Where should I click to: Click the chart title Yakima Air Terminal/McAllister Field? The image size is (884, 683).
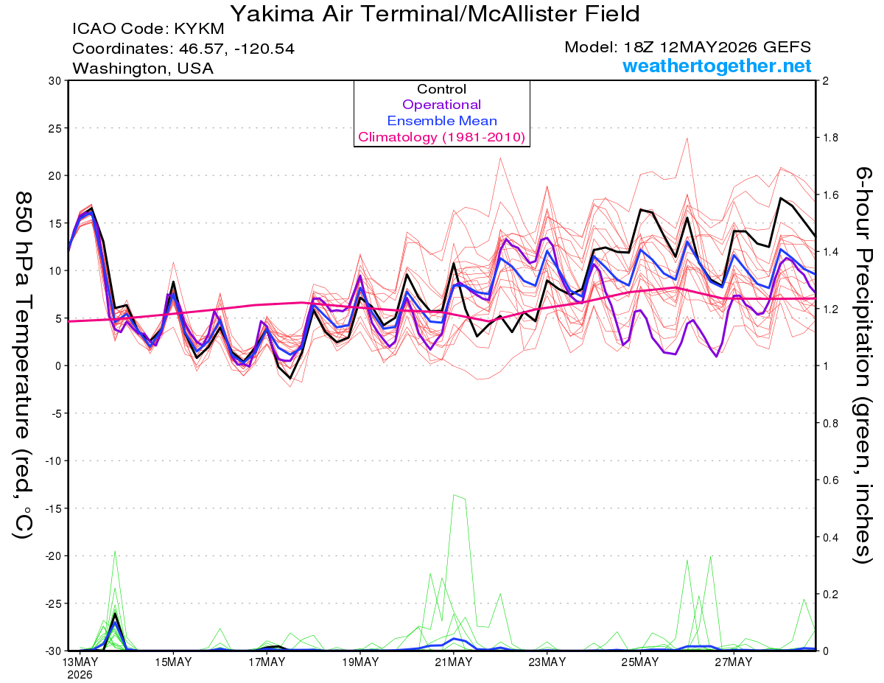click(x=435, y=14)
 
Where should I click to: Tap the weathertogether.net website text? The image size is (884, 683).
click(x=717, y=66)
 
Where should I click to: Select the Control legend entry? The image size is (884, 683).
click(x=441, y=89)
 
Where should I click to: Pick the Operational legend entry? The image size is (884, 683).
click(x=441, y=105)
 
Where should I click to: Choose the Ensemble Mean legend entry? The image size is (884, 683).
click(x=442, y=121)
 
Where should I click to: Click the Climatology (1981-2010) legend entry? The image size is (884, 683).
click(x=441, y=137)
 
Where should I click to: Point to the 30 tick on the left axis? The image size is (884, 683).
click(x=55, y=81)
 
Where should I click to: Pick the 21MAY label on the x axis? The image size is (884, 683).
click(x=454, y=662)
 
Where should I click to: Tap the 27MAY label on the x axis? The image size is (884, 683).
click(x=734, y=662)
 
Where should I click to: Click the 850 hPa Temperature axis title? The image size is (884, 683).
click(x=23, y=365)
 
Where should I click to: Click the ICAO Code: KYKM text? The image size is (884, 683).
click(x=148, y=29)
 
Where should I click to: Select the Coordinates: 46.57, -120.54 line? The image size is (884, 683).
click(x=183, y=49)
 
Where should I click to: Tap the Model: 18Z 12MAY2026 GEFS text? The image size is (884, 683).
click(x=687, y=47)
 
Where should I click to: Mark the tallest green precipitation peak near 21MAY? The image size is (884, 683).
click(x=454, y=494)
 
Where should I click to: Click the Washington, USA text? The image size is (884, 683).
click(x=143, y=69)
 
